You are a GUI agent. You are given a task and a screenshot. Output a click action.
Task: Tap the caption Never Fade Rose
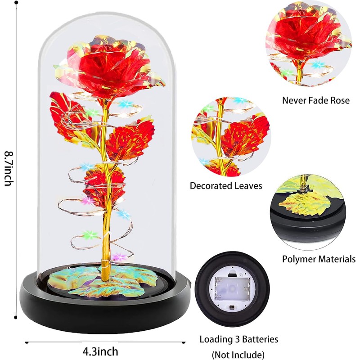click(315, 100)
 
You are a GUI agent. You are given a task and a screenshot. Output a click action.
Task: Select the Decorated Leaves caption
click(225, 185)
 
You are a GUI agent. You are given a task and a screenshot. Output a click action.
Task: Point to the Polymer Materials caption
click(319, 259)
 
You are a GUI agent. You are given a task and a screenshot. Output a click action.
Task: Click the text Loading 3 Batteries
click(239, 339)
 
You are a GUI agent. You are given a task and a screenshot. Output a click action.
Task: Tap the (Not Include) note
click(238, 354)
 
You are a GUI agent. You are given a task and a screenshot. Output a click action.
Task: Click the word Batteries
click(260, 339)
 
